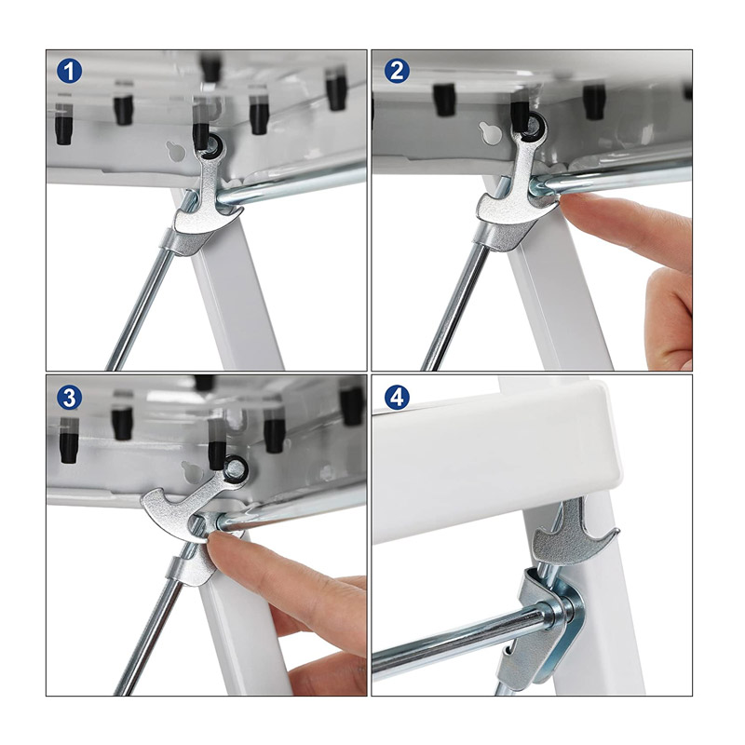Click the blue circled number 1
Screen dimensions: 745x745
[69, 72]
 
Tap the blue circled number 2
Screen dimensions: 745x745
[397, 71]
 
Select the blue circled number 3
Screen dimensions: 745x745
[69, 398]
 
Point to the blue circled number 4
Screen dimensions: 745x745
[397, 398]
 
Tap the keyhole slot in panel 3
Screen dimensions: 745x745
[192, 472]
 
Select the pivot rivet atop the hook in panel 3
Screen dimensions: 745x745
[237, 468]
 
